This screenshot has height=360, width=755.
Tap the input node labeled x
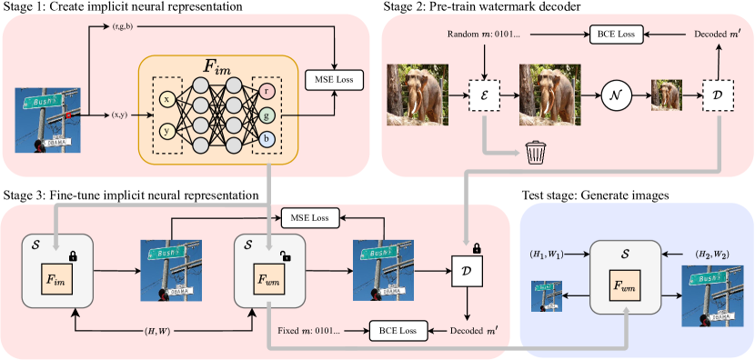[166, 99]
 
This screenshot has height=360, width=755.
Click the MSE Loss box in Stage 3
[309, 218]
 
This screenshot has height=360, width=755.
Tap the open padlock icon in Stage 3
[287, 260]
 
